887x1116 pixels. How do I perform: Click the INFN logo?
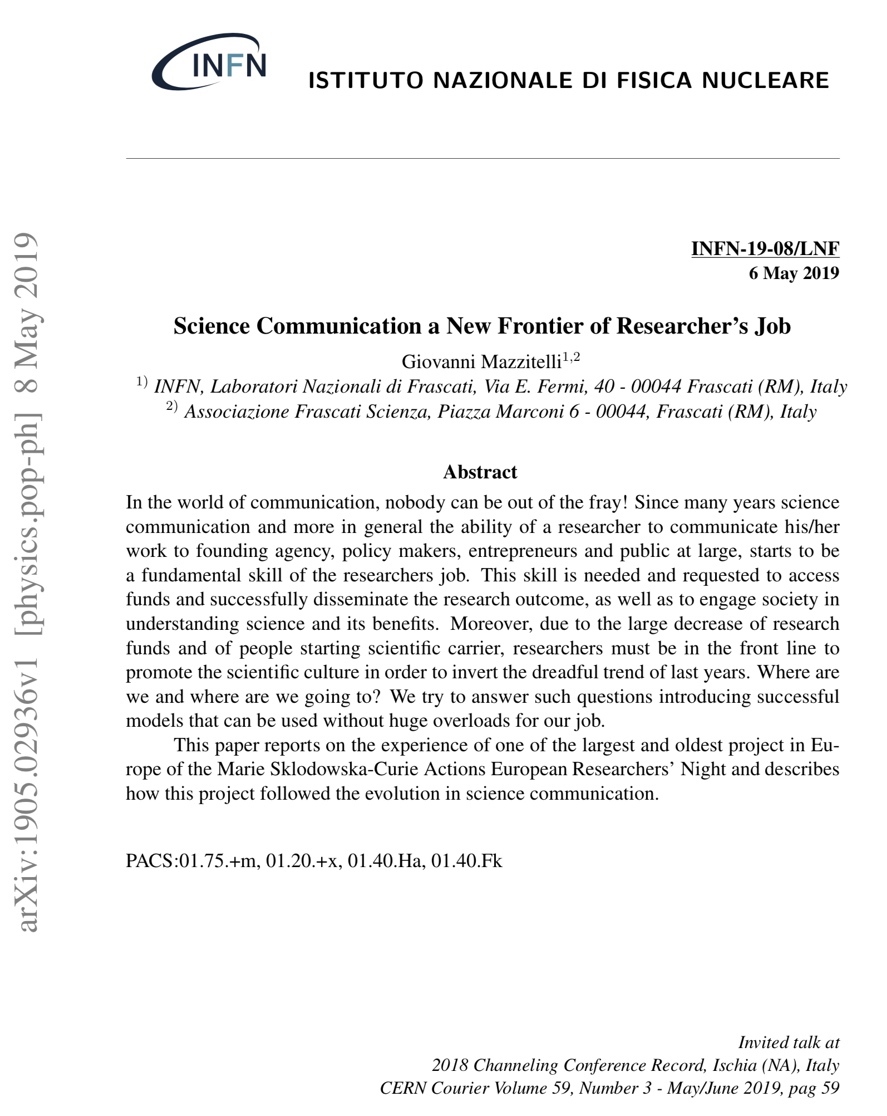209,62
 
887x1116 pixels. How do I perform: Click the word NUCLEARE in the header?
765,81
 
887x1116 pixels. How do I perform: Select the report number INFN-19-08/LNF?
765,248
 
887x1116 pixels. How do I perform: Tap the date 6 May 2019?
794,273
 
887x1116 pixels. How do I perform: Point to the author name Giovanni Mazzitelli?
481,362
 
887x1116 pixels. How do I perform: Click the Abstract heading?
480,472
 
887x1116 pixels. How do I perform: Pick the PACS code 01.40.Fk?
466,861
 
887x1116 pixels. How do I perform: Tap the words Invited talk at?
788,1042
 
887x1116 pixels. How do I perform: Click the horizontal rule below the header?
482,159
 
